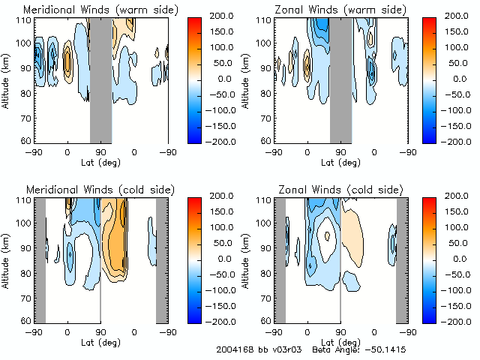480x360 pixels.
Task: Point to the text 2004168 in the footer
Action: point(233,350)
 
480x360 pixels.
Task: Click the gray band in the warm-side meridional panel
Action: point(100,79)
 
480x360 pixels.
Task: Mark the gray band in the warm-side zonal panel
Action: point(340,79)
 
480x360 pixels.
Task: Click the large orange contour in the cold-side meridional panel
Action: point(117,244)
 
